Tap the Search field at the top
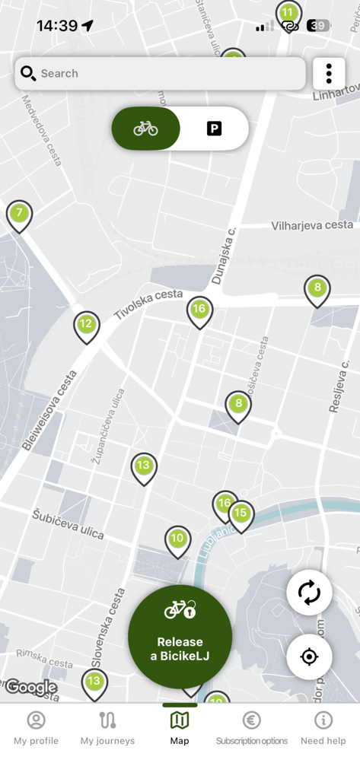tap(160, 74)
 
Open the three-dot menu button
tap(329, 74)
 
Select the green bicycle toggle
tap(146, 129)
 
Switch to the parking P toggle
tap(214, 129)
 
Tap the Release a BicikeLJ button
tap(180, 636)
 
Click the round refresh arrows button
tap(309, 593)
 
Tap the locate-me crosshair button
tap(309, 657)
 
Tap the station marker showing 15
tap(241, 514)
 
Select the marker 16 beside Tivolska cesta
tap(199, 310)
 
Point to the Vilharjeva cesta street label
tap(312, 225)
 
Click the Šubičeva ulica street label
tap(68, 524)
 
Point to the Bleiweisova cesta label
tap(49, 411)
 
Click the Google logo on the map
tap(30, 688)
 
